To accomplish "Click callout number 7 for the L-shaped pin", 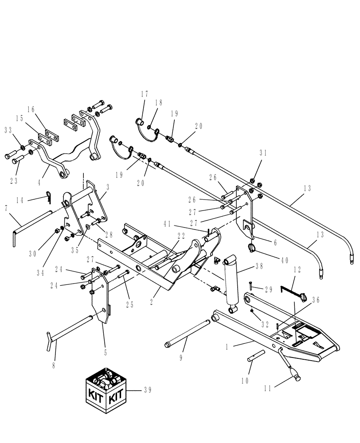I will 6,208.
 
